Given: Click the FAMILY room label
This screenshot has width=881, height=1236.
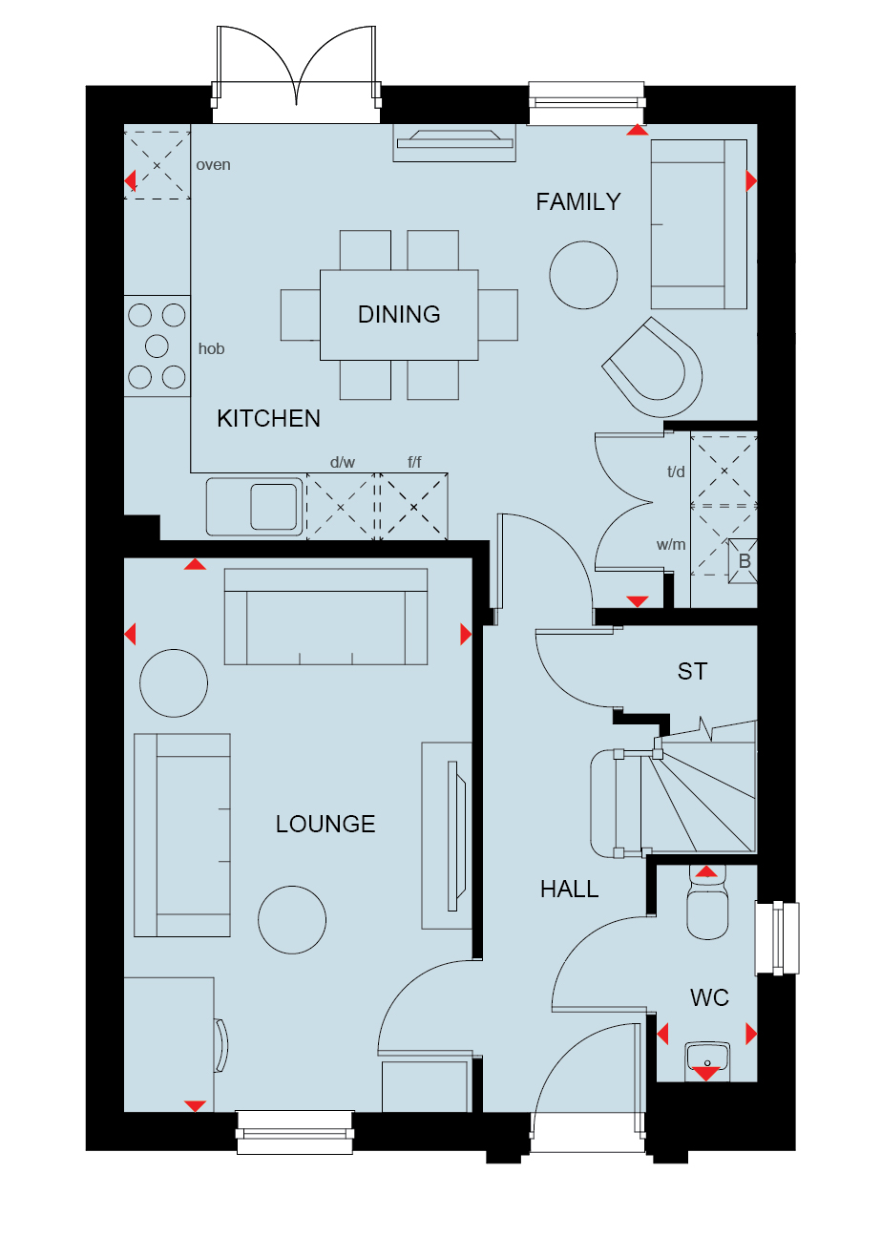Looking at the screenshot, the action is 577,202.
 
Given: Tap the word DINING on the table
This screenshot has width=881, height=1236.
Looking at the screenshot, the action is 399,315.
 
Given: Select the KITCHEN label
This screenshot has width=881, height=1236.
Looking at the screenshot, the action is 268,419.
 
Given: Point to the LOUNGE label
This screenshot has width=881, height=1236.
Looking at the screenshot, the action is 325,825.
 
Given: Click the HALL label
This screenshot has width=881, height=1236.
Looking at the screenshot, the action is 569,890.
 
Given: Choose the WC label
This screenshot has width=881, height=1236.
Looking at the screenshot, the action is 709,997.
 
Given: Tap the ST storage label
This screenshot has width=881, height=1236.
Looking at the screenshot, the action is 692,672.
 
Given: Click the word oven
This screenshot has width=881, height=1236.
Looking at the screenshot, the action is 213,165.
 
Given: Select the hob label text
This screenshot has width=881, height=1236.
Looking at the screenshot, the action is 211,348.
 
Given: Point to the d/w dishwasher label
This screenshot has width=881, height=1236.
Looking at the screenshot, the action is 342,462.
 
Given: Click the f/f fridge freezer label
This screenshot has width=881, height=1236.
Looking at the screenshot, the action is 414,462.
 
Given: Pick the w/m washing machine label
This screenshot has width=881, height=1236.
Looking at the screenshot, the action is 671,545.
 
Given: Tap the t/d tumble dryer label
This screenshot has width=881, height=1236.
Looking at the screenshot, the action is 676,471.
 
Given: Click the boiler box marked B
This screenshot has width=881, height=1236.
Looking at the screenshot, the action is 743,560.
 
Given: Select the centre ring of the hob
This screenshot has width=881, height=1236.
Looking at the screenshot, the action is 157,346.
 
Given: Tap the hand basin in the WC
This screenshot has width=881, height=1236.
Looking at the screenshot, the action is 706,1058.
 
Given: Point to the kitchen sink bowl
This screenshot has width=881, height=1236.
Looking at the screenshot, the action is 274,507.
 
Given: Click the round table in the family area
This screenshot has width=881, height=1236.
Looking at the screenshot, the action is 583,275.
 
